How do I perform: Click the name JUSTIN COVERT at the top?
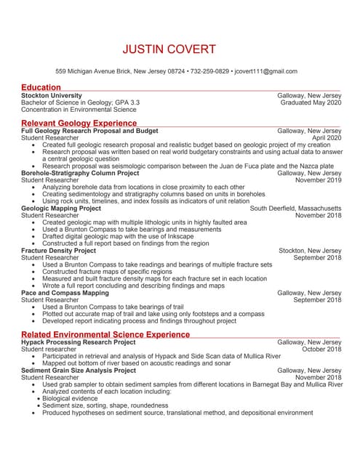pyautogui.click(x=169, y=49)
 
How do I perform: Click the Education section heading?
pyautogui.click(x=41, y=88)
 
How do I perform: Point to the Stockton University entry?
pyautogui.click(x=52, y=96)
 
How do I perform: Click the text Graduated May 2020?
pyautogui.click(x=311, y=103)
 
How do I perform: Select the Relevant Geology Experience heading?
pyautogui.click(x=79, y=124)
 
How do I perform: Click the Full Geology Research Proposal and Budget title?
pyautogui.click(x=90, y=132)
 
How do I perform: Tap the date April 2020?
pyautogui.click(x=327, y=138)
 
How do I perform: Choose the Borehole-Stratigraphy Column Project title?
pyautogui.click(x=81, y=174)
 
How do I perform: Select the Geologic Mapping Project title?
pyautogui.click(x=62, y=209)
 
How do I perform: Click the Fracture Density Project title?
pyautogui.click(x=59, y=251)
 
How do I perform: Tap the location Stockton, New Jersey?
pyautogui.click(x=310, y=251)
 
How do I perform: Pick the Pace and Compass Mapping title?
pyautogui.click(x=65, y=293)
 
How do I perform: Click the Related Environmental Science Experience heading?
pyautogui.click(x=106, y=334)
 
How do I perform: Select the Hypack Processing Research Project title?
pyautogui.click(x=79, y=342)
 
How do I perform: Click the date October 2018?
pyautogui.click(x=321, y=349)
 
